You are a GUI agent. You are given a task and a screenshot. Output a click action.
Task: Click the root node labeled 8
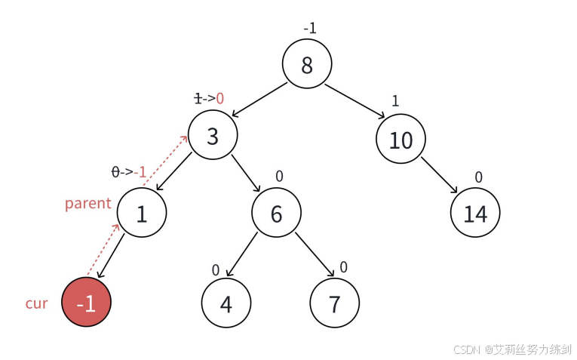click(307, 66)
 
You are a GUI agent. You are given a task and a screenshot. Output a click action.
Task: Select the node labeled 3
click(213, 136)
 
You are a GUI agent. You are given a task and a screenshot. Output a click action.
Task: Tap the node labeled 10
click(401, 140)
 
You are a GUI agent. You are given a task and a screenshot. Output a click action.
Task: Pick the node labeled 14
click(475, 214)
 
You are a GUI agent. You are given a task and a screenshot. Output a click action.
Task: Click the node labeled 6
click(276, 214)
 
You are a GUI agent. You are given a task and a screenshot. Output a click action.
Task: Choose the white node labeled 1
click(142, 214)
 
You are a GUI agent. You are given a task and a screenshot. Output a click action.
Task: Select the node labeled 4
click(226, 303)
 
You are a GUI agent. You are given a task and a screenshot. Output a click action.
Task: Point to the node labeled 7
click(335, 303)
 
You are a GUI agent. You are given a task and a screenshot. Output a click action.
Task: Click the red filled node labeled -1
click(87, 303)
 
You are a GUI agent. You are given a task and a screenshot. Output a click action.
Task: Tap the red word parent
click(87, 204)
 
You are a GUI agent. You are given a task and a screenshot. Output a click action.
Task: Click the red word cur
click(36, 303)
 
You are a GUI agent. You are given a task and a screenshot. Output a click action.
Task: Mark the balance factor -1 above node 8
click(310, 29)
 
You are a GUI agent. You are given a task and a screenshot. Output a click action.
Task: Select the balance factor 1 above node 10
click(394, 100)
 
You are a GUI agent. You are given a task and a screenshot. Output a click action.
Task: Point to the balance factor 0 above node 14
click(478, 177)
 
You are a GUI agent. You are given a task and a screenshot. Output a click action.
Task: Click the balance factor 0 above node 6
click(279, 176)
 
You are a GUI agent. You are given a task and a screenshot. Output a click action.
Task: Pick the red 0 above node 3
click(220, 98)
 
